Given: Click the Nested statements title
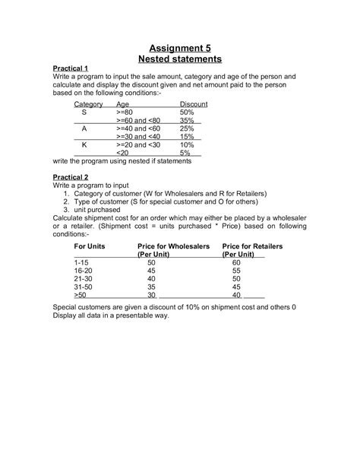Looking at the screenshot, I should click(179, 59).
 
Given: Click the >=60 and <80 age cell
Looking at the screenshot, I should click(140, 120).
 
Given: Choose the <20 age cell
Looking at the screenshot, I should click(122, 153).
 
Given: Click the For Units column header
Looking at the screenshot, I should click(89, 247).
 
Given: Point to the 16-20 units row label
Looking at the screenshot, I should click(82, 270).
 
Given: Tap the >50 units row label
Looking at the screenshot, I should click(80, 295).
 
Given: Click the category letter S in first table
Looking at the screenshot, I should click(84, 112).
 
